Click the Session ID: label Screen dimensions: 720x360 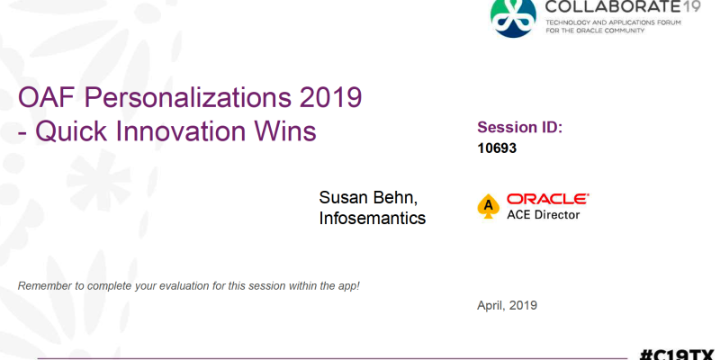coord(520,127)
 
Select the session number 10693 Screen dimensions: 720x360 coord(497,148)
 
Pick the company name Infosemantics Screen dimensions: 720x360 coord(373,218)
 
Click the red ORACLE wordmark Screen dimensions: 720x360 coord(548,199)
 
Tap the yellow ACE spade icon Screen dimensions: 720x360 coord(489,206)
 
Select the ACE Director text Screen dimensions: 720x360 coord(544,214)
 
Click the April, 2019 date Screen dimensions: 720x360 coord(507,305)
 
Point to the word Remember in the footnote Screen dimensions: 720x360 coord(46,286)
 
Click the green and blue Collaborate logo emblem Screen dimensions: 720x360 coord(513,16)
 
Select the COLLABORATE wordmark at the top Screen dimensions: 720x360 coord(610,7)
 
